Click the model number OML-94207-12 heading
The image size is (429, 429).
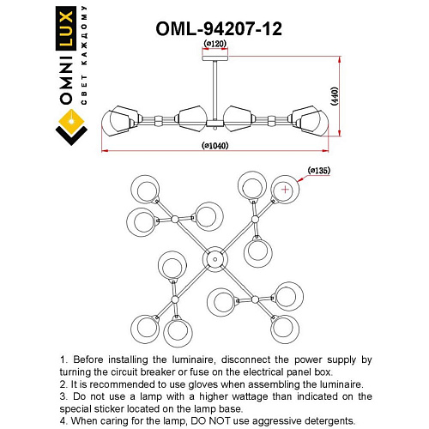click(x=219, y=27)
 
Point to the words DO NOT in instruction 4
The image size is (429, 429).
click(x=226, y=421)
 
